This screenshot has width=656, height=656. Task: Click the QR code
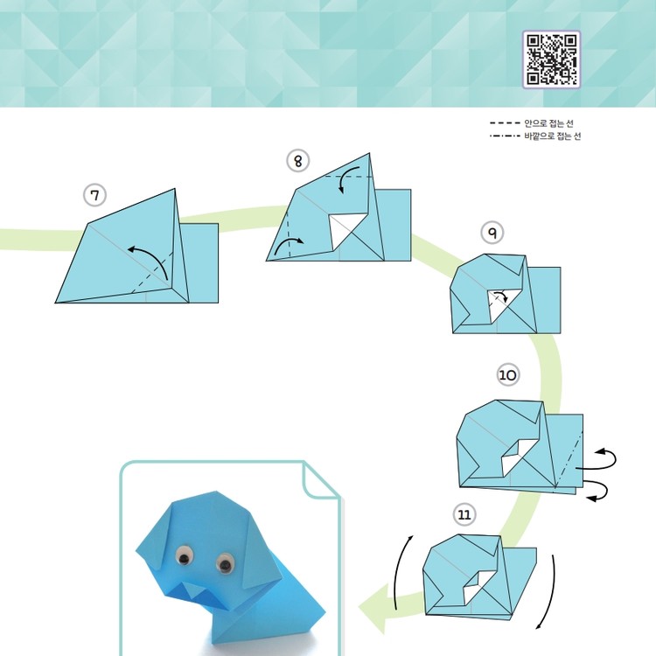pyautogui.click(x=551, y=59)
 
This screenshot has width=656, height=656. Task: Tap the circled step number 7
pyautogui.click(x=95, y=195)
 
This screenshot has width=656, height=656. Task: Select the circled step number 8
pyautogui.click(x=298, y=161)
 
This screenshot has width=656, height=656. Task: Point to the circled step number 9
pyautogui.click(x=492, y=233)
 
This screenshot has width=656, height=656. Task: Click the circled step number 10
pyautogui.click(x=508, y=374)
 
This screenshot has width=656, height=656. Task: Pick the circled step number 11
pyautogui.click(x=464, y=514)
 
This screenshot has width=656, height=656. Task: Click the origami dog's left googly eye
pyautogui.click(x=185, y=555)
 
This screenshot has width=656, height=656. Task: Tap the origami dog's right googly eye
pyautogui.click(x=225, y=563)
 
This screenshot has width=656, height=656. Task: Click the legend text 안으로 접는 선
pyautogui.click(x=548, y=123)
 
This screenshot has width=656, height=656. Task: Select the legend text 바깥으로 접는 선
pyautogui.click(x=552, y=136)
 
